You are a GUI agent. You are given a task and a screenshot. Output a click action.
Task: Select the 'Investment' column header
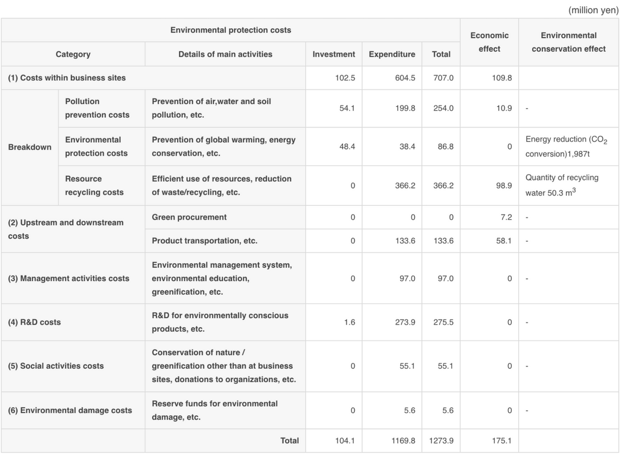(x=333, y=54)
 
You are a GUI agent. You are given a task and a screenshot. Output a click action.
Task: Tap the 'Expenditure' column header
(x=391, y=54)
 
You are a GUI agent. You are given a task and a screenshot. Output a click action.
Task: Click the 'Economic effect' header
(x=489, y=42)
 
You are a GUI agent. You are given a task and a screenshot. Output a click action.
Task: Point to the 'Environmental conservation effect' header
(x=569, y=42)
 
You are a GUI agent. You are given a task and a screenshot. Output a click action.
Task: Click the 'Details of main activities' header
(x=225, y=54)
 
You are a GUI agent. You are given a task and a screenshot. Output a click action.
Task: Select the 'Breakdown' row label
(x=30, y=147)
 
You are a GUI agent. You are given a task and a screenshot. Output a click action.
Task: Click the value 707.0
(x=443, y=78)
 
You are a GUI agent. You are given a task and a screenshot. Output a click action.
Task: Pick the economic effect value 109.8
(x=501, y=78)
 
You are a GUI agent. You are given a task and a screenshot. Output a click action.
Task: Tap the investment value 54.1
(x=347, y=108)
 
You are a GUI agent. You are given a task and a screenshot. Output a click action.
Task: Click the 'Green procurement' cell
(x=189, y=217)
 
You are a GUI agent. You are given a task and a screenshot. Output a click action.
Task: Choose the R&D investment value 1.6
(x=349, y=322)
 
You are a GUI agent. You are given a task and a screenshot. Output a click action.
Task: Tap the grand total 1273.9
(x=441, y=441)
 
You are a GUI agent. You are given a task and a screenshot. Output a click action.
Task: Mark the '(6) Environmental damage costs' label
(x=70, y=410)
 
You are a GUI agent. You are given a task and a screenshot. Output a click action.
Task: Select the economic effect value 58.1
(x=504, y=241)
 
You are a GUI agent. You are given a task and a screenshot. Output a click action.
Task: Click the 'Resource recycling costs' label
(x=94, y=185)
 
